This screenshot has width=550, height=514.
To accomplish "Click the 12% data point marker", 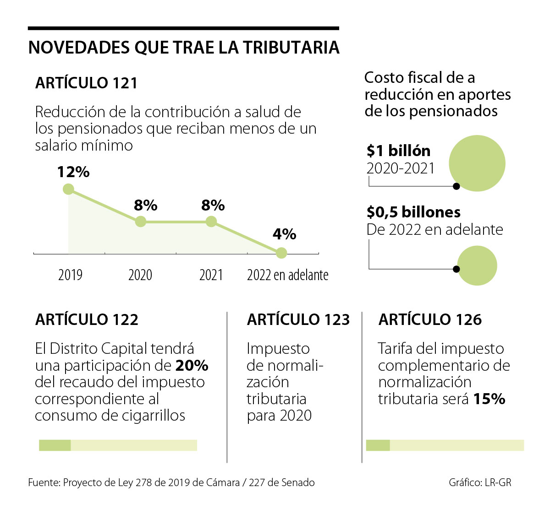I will click(68, 189).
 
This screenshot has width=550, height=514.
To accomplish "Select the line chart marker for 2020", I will click(141, 222).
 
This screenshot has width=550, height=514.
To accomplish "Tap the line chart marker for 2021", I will click(211, 222).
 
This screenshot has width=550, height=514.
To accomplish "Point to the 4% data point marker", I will click(281, 253).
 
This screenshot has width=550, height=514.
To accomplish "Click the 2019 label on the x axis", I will click(70, 275).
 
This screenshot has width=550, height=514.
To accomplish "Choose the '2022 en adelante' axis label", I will click(287, 275).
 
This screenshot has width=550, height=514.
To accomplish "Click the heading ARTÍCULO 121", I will click(87, 83).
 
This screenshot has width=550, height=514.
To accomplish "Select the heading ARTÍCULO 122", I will click(87, 319).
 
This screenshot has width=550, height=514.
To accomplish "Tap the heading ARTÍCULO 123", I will click(298, 319).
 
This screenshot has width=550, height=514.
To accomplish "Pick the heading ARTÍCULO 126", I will click(430, 319).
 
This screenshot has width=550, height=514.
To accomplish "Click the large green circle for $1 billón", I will click(477, 163).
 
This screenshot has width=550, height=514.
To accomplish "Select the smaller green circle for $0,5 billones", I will click(477, 265).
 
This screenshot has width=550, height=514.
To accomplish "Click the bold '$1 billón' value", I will click(398, 151).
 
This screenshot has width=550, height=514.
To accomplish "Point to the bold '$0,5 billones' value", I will click(413, 212).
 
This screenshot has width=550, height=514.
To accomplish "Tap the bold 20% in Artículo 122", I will click(192, 366).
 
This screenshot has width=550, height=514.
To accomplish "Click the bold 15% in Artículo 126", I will click(489, 399).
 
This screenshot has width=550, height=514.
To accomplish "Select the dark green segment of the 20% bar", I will click(55, 445).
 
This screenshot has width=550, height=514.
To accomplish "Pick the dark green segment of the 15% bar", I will click(378, 445).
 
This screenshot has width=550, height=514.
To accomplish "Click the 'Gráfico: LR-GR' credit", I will click(480, 482).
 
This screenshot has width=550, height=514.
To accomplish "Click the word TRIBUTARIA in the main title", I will click(291, 48).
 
